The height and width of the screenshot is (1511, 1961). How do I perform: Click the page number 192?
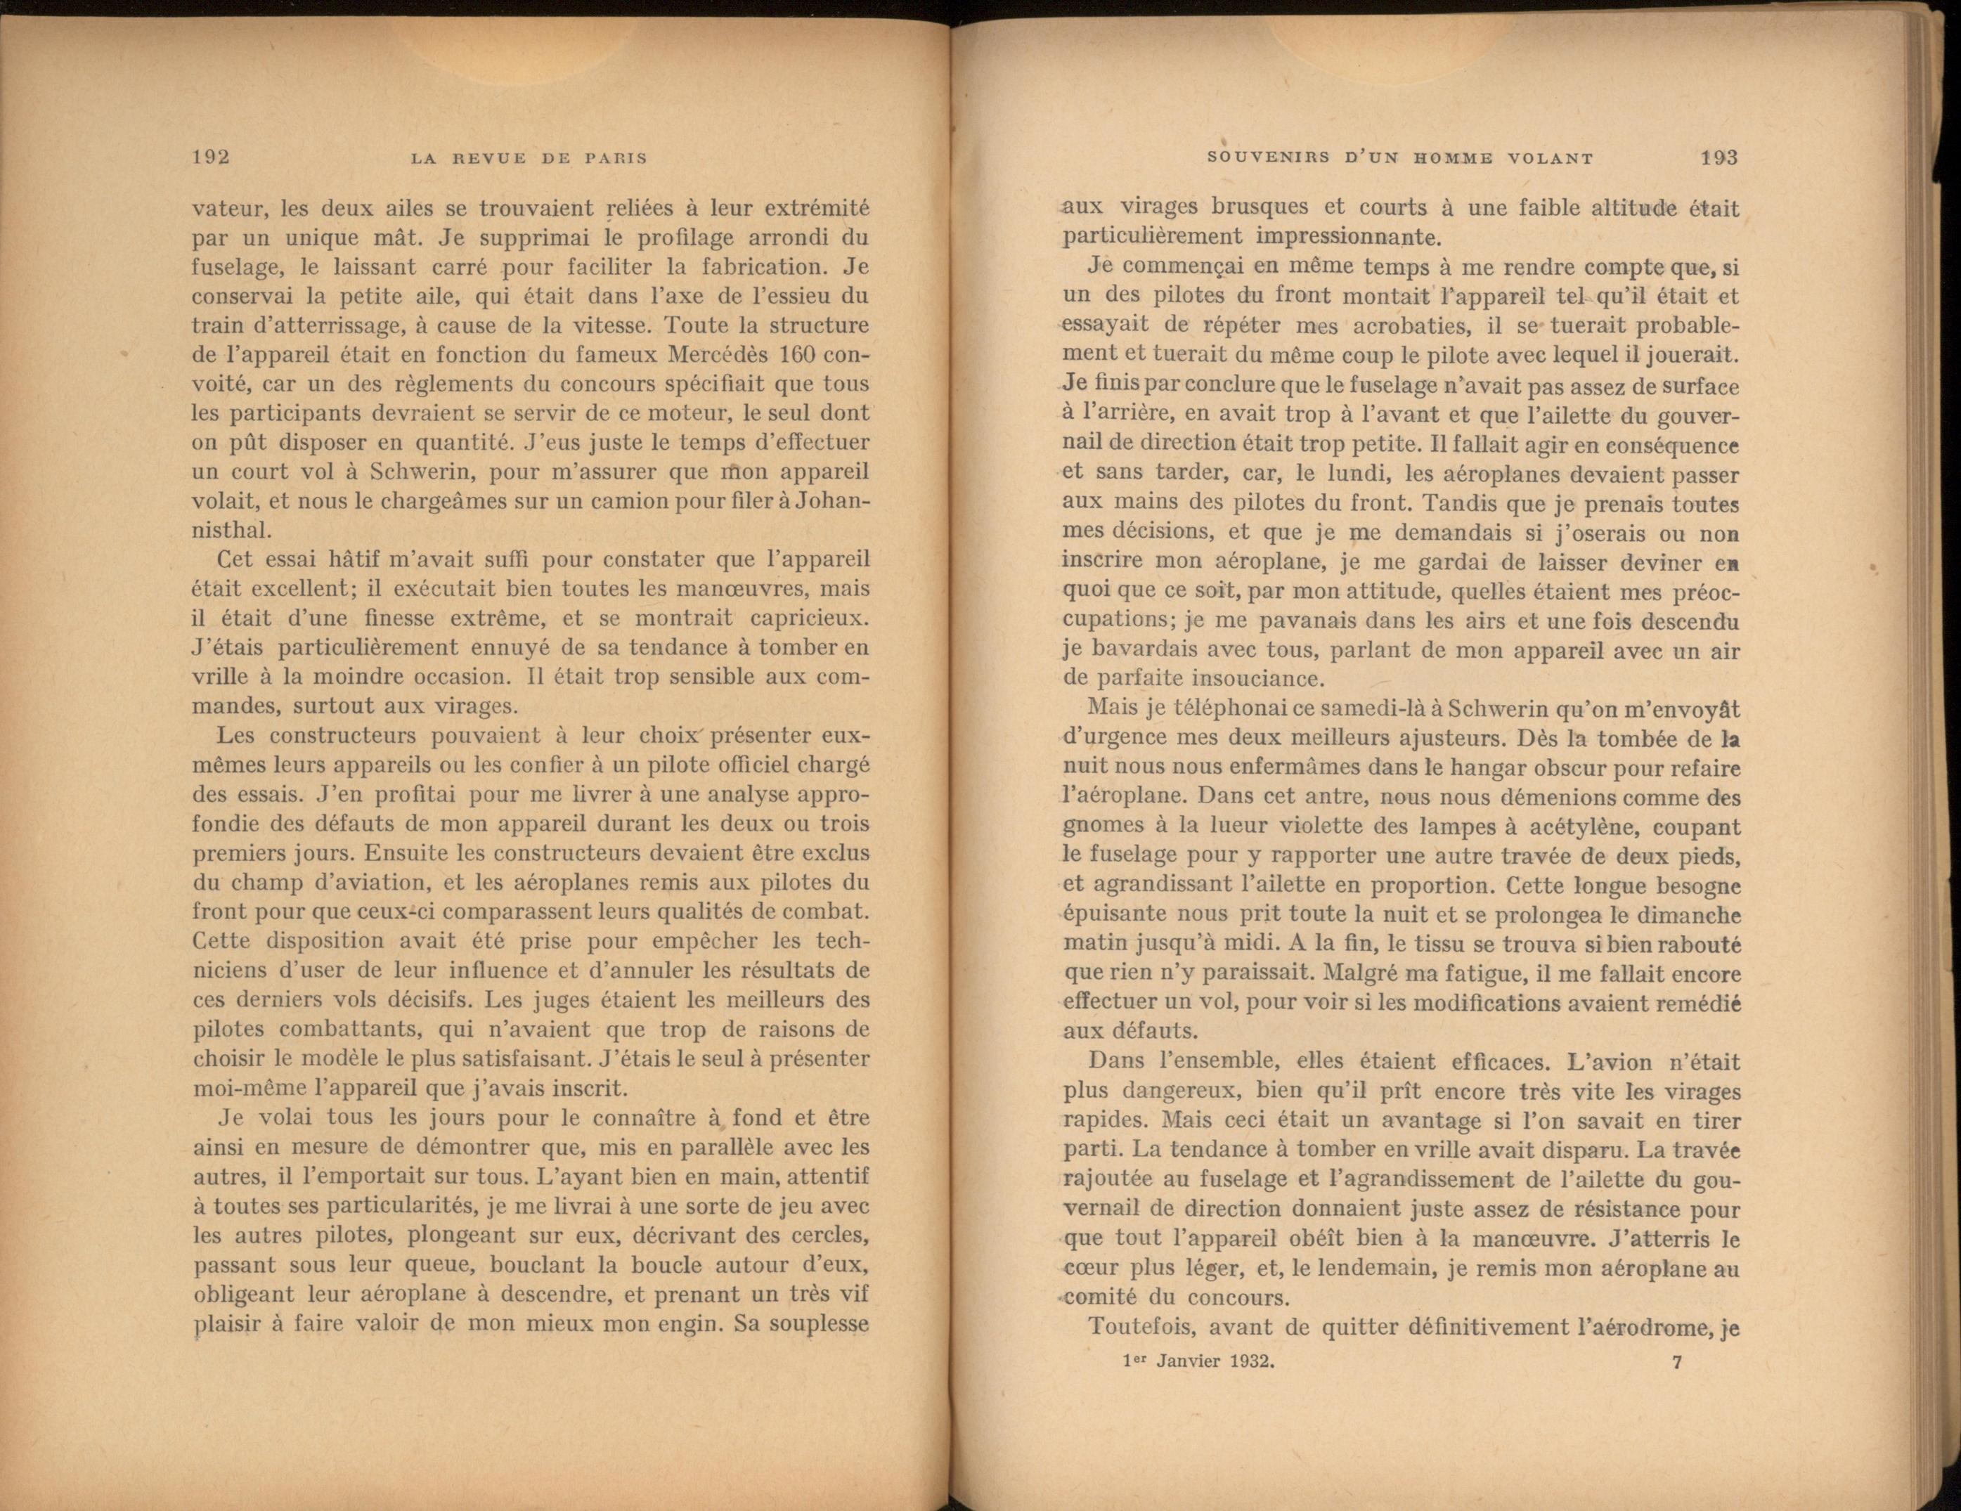click(x=211, y=157)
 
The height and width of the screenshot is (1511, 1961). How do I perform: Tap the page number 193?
click(x=1719, y=158)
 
